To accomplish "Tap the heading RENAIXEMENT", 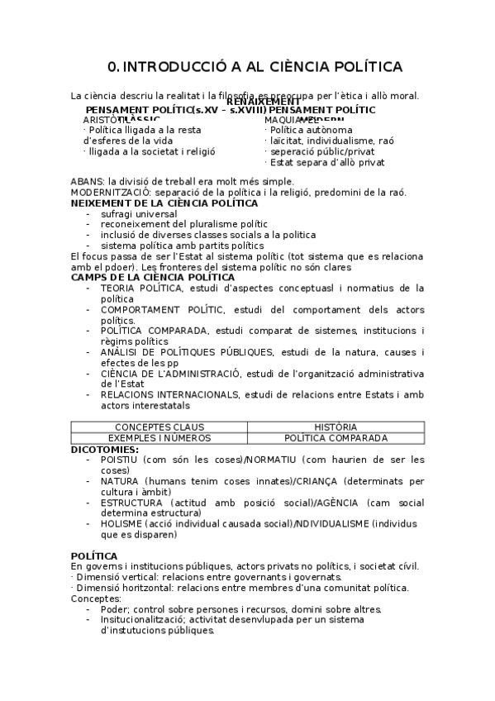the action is click(264, 102).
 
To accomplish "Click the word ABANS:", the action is click(88, 182).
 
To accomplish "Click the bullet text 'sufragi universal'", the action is click(139, 213).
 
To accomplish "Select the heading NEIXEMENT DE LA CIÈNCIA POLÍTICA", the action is click(164, 203).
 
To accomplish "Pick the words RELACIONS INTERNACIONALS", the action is click(175, 395).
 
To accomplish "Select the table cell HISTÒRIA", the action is click(336, 427).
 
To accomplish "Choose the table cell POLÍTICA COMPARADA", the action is click(336, 438).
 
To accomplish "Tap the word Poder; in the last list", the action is click(116, 609).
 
